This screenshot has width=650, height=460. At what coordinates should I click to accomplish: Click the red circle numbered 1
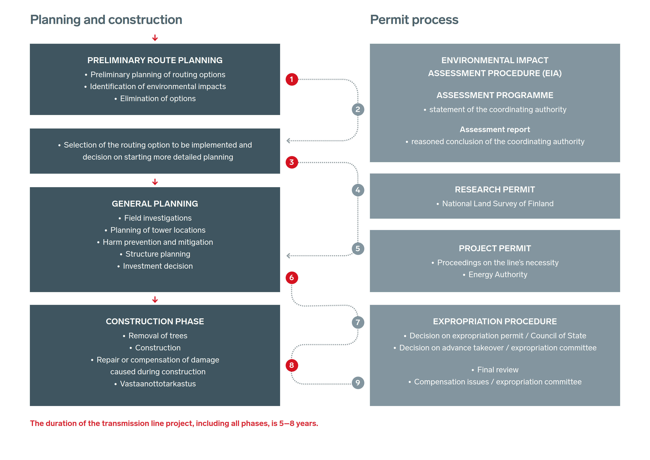(x=292, y=79)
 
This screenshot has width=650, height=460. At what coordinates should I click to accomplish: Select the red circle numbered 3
(x=292, y=162)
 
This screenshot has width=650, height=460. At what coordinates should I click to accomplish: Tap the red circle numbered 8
(x=292, y=365)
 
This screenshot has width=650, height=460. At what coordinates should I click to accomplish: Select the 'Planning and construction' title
(x=106, y=20)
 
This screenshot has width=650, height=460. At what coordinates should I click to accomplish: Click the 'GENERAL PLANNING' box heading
(x=155, y=204)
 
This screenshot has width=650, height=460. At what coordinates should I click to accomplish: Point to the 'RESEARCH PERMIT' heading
(x=495, y=190)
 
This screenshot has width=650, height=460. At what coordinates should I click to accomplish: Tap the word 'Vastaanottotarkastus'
(x=158, y=384)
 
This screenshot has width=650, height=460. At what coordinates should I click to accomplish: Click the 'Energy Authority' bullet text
(x=498, y=275)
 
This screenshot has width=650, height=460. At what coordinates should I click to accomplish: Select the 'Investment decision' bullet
(x=158, y=266)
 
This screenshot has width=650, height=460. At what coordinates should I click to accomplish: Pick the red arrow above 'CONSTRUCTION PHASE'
(x=155, y=300)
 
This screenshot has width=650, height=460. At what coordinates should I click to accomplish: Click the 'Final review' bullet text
(x=498, y=370)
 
